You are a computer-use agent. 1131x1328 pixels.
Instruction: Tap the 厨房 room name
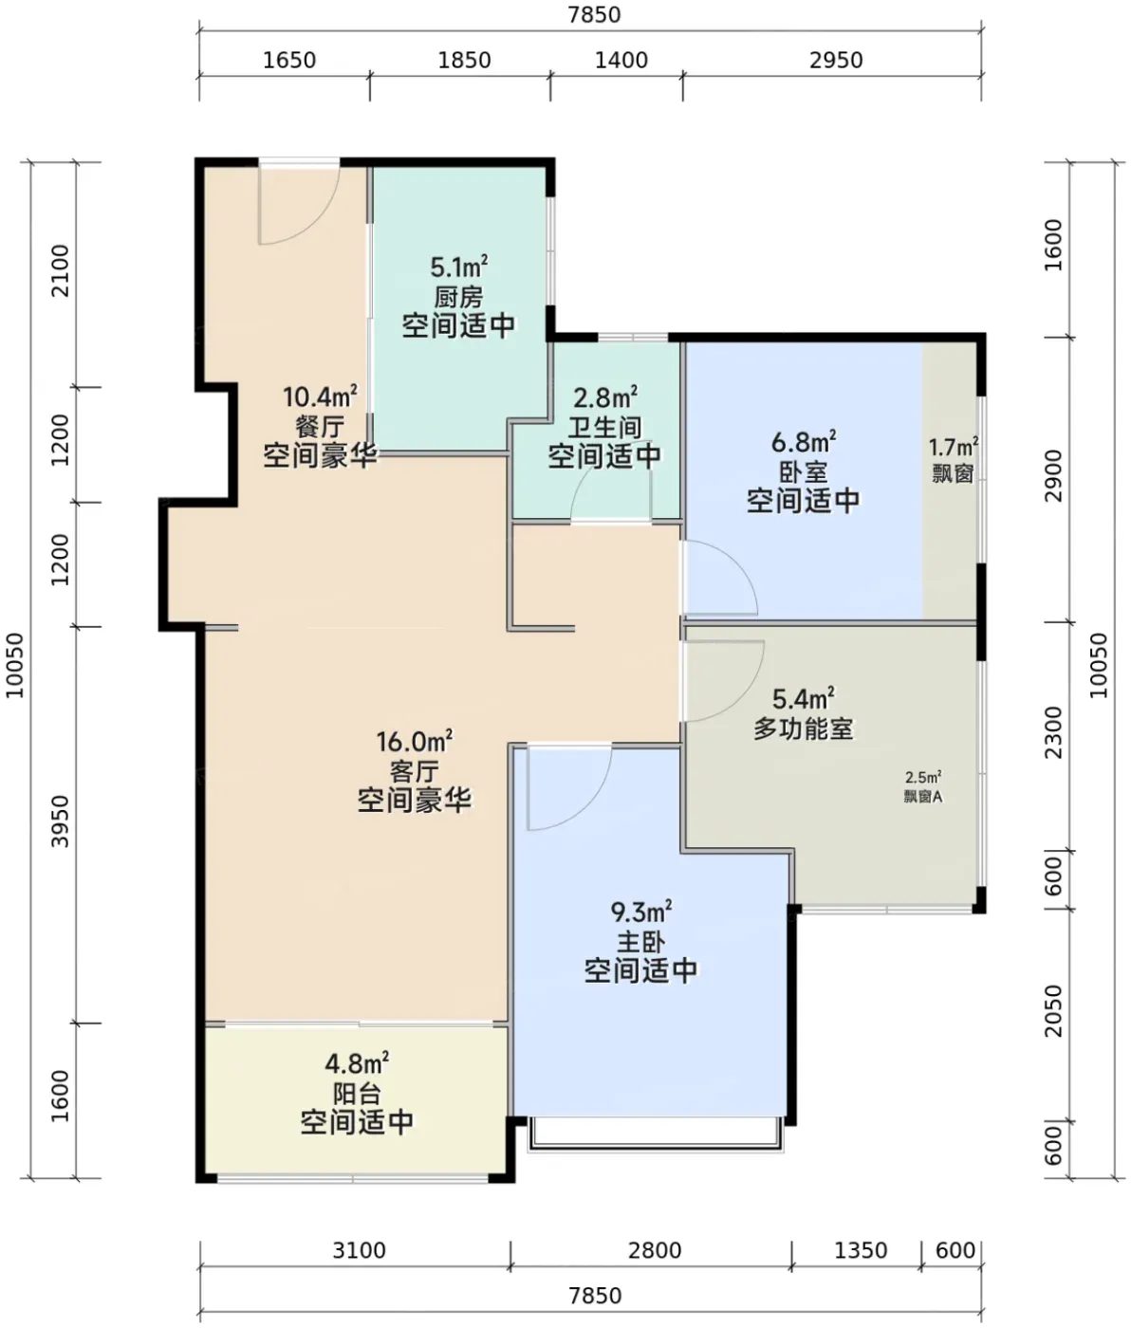tap(459, 297)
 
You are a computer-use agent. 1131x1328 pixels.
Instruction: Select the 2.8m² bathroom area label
tap(605, 397)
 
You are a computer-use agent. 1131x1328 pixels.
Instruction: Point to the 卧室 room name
tap(804, 472)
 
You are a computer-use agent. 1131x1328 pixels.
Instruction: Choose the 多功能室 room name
tap(804, 729)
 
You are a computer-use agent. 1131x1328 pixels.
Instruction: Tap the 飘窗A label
tap(923, 797)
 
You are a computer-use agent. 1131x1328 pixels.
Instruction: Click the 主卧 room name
tap(640, 942)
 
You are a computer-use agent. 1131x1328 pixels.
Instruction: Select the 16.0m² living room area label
tap(415, 742)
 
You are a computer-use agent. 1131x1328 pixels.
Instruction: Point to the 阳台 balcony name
tap(357, 1094)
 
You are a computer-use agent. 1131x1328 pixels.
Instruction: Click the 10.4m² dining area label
tap(320, 397)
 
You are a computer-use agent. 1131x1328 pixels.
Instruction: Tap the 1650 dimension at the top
tap(289, 61)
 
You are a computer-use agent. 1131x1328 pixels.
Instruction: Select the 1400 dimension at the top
tap(621, 61)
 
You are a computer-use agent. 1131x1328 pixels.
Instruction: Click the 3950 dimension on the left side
tap(60, 821)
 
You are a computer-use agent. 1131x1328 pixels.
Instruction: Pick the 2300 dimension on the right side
tap(1054, 732)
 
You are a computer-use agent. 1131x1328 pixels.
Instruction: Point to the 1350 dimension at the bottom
tap(861, 1250)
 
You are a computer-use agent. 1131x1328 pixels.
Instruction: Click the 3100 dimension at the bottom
tap(360, 1250)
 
